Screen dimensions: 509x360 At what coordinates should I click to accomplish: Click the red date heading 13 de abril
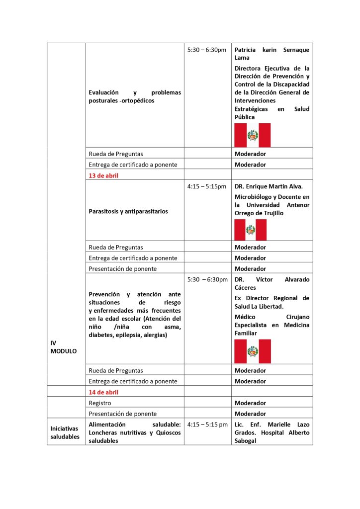point(103,175)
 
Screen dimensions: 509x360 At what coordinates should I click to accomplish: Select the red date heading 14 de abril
point(103,392)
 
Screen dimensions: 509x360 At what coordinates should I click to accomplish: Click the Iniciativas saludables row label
point(65,432)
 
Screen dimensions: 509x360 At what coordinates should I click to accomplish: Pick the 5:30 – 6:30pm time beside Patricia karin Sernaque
point(207,50)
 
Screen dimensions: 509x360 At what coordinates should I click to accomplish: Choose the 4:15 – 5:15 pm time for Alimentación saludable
point(208,425)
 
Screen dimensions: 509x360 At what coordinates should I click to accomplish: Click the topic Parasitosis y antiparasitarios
point(128,211)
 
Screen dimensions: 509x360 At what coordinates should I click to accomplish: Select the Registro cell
point(100,403)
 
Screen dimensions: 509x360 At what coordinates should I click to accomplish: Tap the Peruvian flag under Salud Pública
point(253,135)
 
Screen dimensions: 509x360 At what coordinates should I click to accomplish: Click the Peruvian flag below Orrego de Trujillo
point(251,230)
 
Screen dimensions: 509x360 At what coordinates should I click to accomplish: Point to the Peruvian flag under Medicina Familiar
point(253,351)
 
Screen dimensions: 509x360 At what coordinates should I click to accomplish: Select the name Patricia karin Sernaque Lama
point(271,54)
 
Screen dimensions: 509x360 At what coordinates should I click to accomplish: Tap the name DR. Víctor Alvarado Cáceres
point(271,283)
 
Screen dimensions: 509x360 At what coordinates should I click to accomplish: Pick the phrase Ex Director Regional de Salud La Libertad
point(271,302)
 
